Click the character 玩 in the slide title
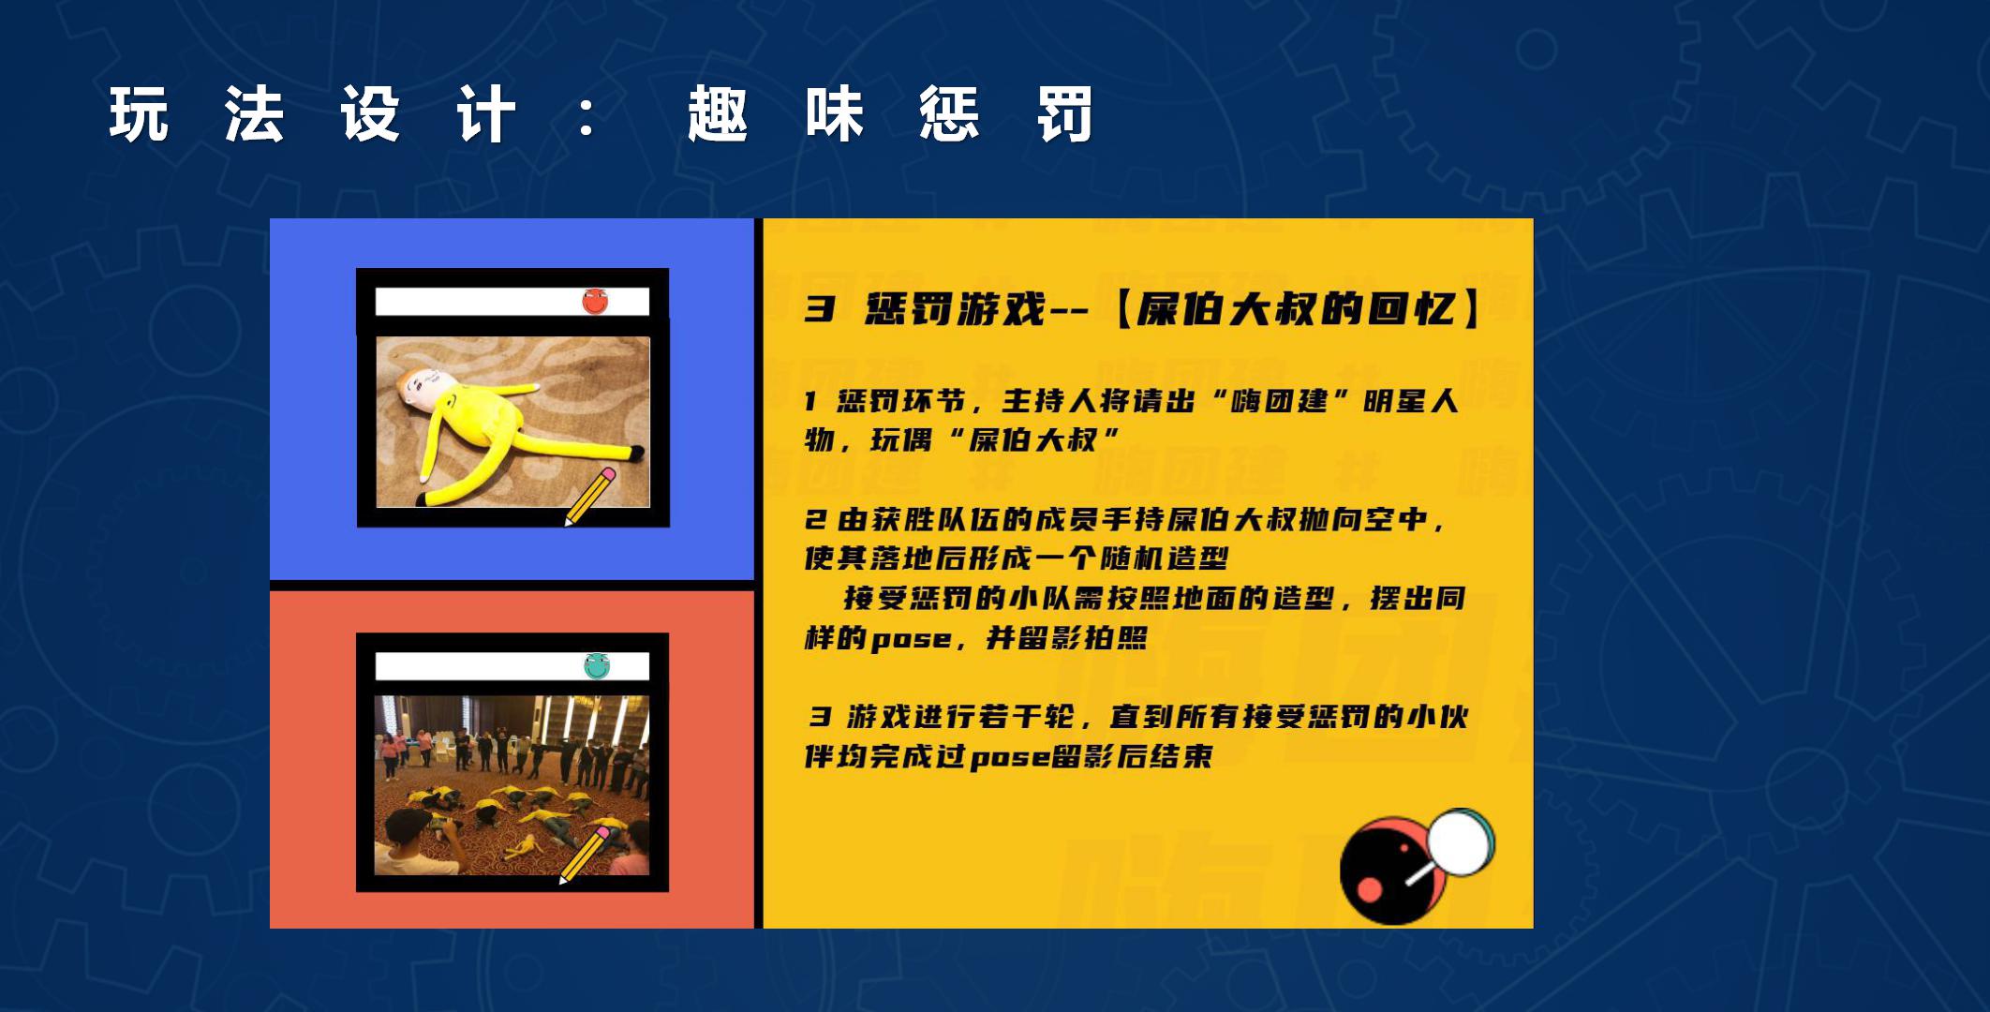tap(139, 114)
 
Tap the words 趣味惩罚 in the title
tap(890, 114)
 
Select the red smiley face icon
tap(595, 301)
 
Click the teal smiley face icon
tap(597, 666)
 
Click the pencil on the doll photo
tap(589, 497)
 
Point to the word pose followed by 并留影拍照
tap(911, 640)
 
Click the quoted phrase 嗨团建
tap(1282, 401)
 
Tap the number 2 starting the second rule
tap(815, 519)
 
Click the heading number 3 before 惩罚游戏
tap(819, 309)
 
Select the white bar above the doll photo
tap(512, 301)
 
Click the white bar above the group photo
tap(512, 666)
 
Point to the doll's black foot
tap(636, 454)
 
